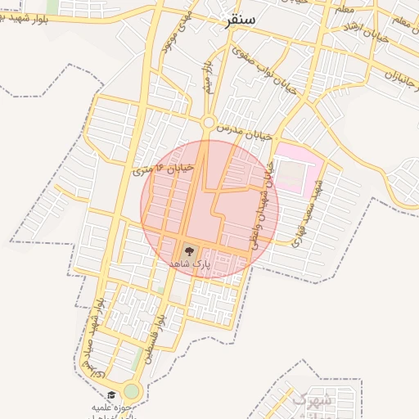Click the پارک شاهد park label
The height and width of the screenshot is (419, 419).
(190, 264)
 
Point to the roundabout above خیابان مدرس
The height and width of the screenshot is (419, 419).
(209, 123)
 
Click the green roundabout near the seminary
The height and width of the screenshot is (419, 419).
(132, 392)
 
